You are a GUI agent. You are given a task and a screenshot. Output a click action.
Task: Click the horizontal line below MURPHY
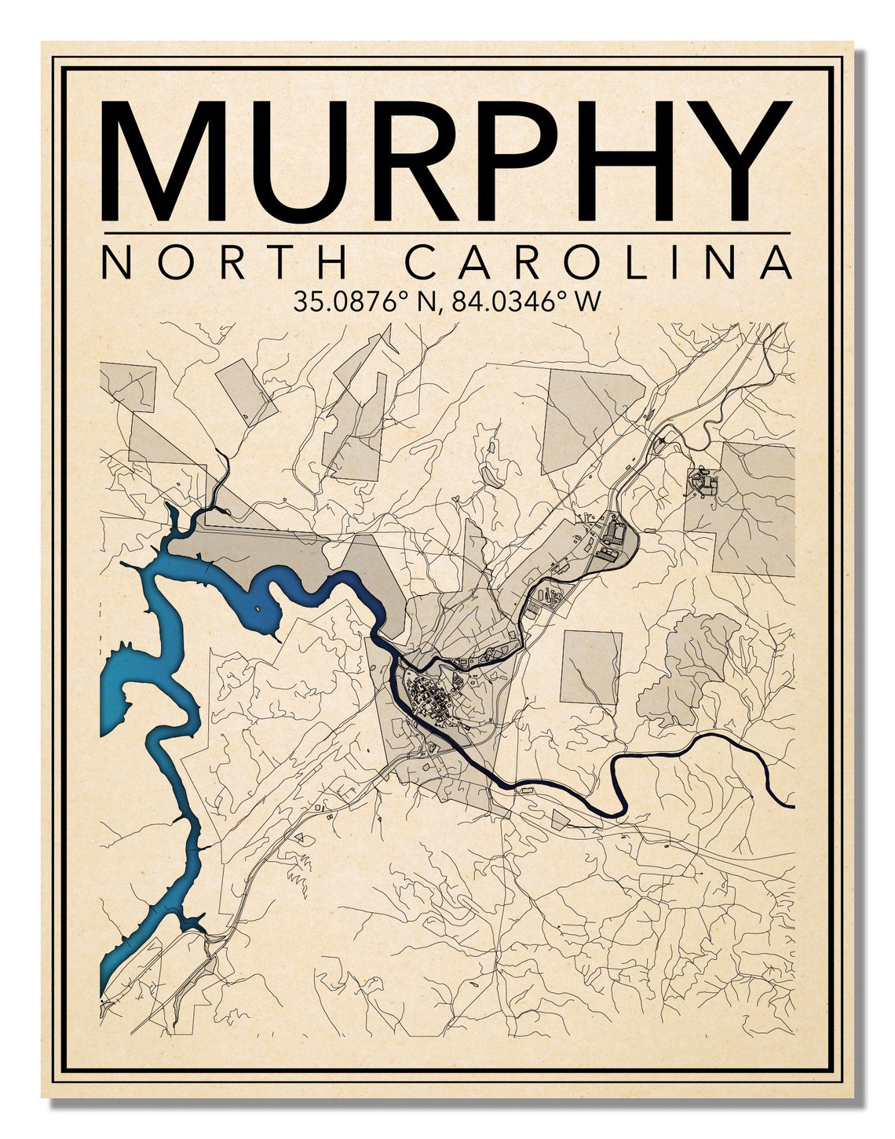click(447, 233)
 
